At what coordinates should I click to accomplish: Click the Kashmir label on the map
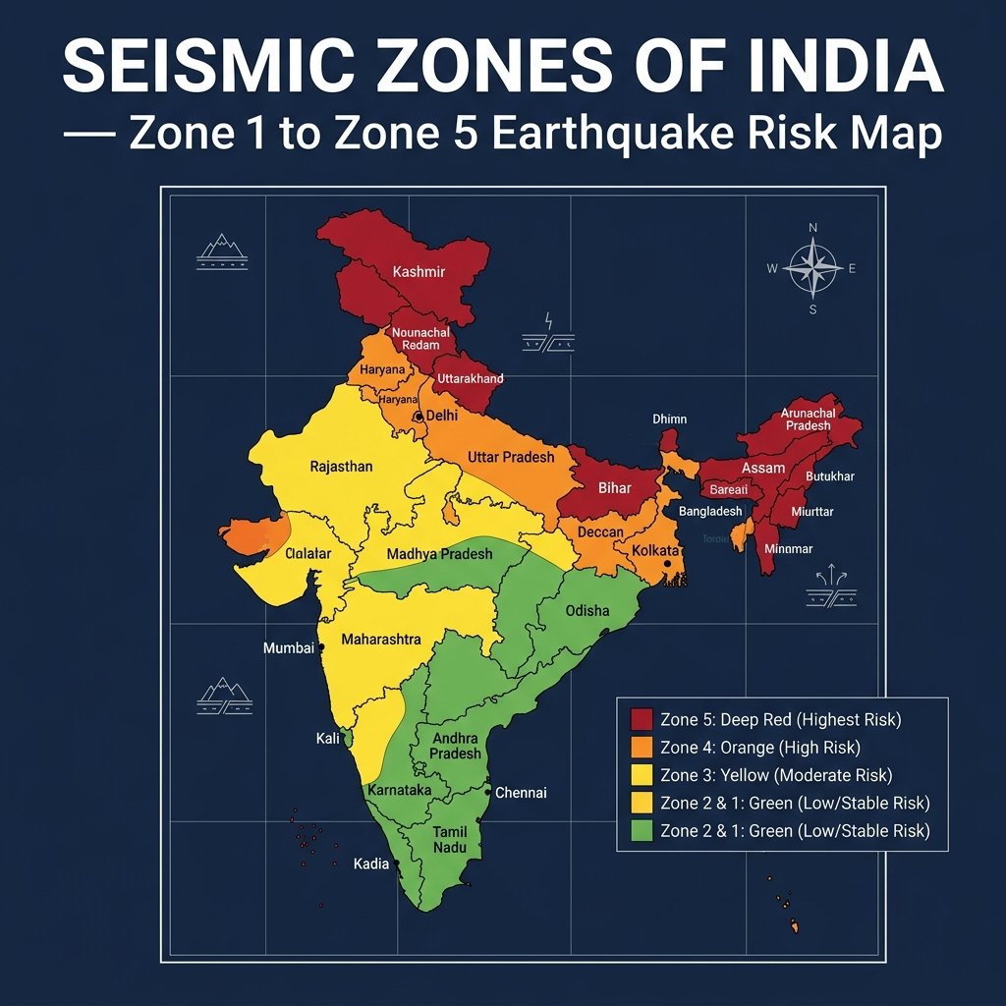click(x=419, y=271)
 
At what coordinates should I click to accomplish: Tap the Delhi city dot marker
click(x=419, y=417)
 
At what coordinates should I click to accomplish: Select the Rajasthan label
click(x=341, y=466)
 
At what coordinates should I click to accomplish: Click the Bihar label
click(x=615, y=487)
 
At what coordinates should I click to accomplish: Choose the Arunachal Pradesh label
click(x=808, y=420)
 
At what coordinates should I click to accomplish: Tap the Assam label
click(x=763, y=468)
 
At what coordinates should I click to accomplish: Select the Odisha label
click(x=587, y=610)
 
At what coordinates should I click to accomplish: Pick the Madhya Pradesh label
click(x=439, y=554)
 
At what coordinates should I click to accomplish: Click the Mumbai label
click(x=288, y=648)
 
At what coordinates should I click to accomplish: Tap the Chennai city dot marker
click(x=487, y=791)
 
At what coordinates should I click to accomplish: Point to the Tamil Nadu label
click(x=444, y=840)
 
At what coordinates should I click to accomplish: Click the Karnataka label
click(x=399, y=790)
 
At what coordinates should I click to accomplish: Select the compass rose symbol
click(x=812, y=267)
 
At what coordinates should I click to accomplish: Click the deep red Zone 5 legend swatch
click(x=643, y=719)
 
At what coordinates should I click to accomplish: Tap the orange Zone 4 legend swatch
click(x=643, y=748)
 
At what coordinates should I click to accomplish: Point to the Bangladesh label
click(x=710, y=512)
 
